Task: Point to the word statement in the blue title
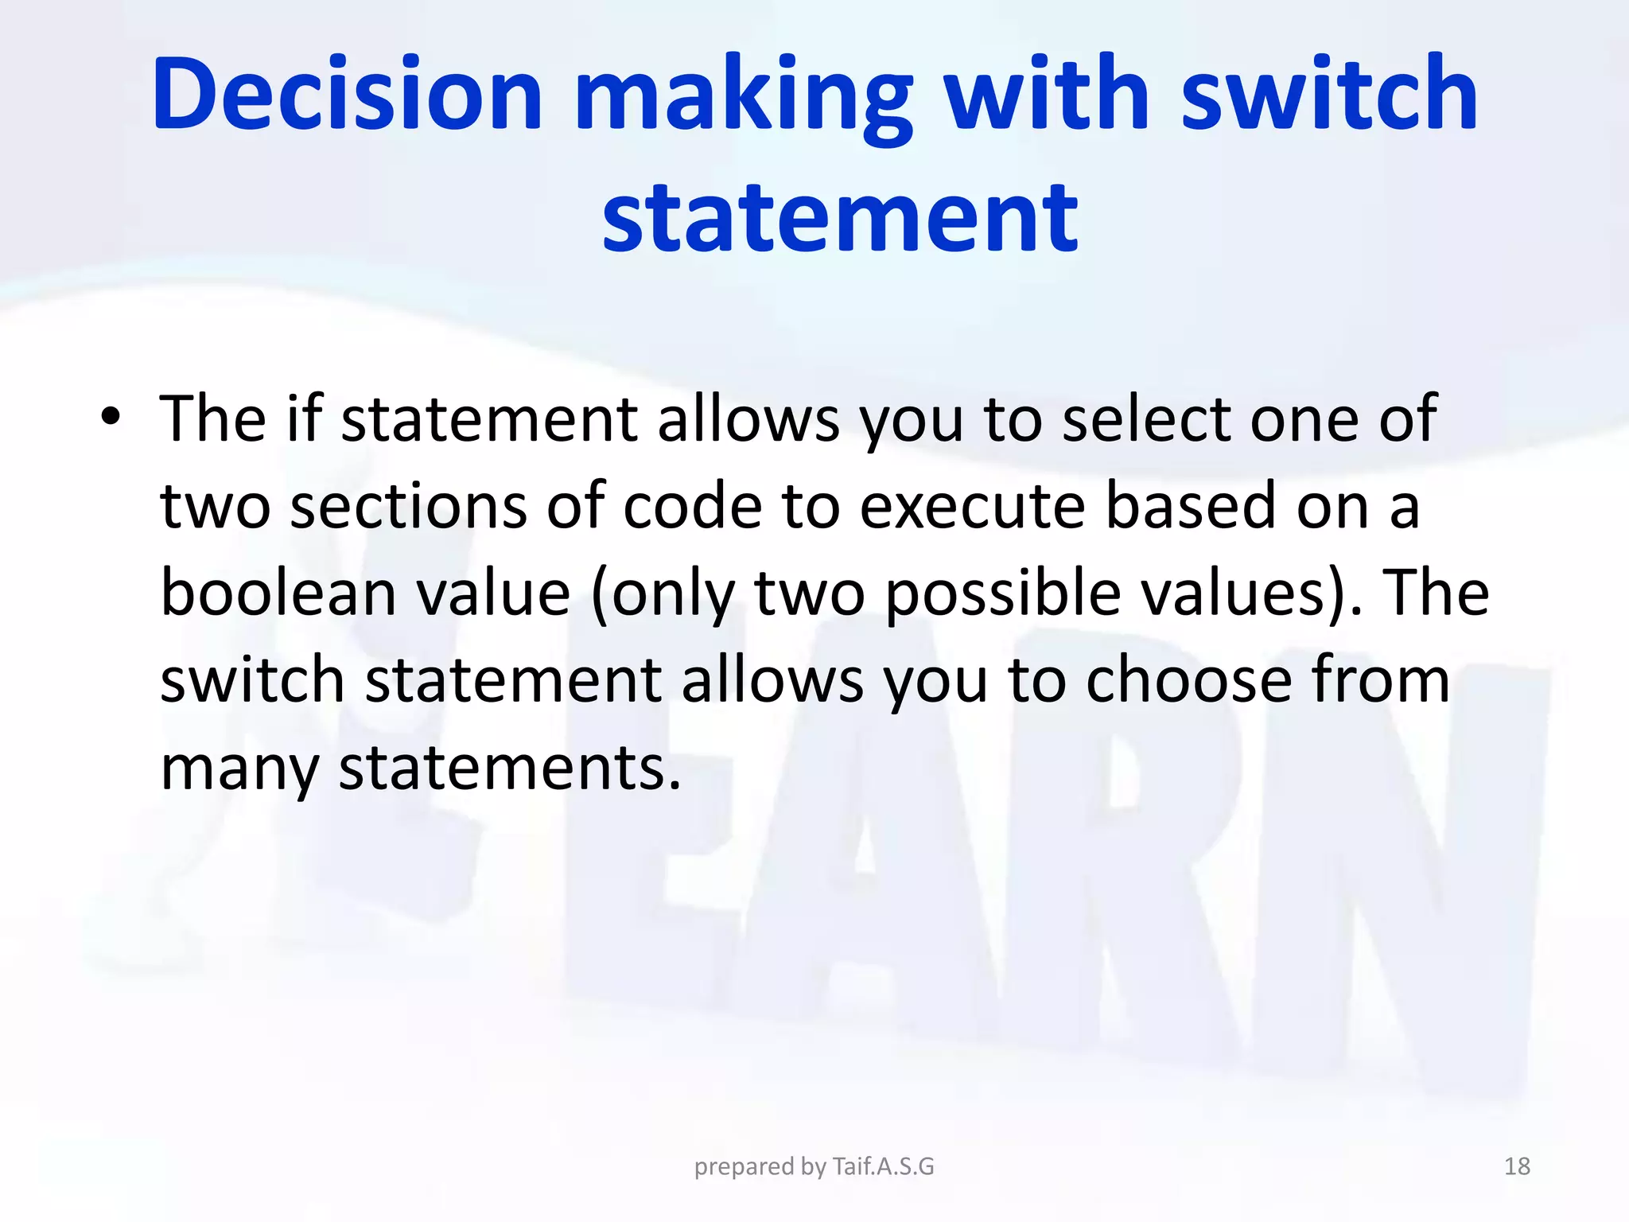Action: (840, 216)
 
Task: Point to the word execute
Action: (972, 506)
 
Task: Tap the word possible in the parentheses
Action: (1003, 594)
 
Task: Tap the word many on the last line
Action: (239, 769)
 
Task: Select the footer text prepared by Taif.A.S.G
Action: (814, 1166)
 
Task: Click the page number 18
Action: (1517, 1166)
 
